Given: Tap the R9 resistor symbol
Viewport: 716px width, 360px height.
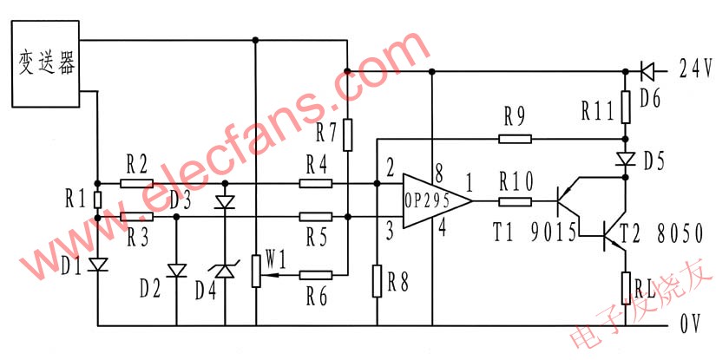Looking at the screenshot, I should (516, 138).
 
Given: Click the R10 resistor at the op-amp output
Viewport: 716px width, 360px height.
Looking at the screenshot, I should (516, 201).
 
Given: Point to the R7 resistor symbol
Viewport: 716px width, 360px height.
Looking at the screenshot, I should (346, 134).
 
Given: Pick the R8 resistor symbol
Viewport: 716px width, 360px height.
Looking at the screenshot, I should (377, 279).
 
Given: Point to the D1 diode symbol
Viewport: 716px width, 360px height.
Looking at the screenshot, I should (97, 261).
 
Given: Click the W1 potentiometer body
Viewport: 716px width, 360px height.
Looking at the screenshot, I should (255, 270).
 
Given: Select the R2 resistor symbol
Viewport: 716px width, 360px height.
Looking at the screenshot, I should (136, 183).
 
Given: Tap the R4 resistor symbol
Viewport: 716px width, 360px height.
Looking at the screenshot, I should (315, 183).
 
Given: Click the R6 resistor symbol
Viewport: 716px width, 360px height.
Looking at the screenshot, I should (315, 276).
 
